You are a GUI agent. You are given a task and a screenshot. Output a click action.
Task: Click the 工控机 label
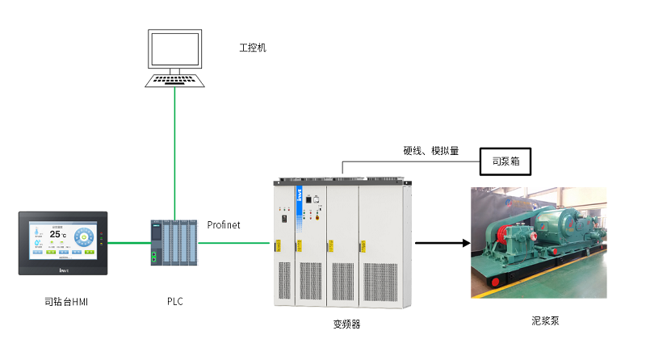pos(253,48)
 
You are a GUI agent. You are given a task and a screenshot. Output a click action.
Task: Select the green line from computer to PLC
pos(174,153)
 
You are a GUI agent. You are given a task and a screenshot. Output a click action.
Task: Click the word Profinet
pos(224,224)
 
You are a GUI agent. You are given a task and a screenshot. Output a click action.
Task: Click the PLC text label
pos(174,302)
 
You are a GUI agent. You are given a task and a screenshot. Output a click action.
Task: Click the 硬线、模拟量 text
pos(431,150)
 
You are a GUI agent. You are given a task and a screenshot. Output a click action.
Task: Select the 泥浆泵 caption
pos(539,320)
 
